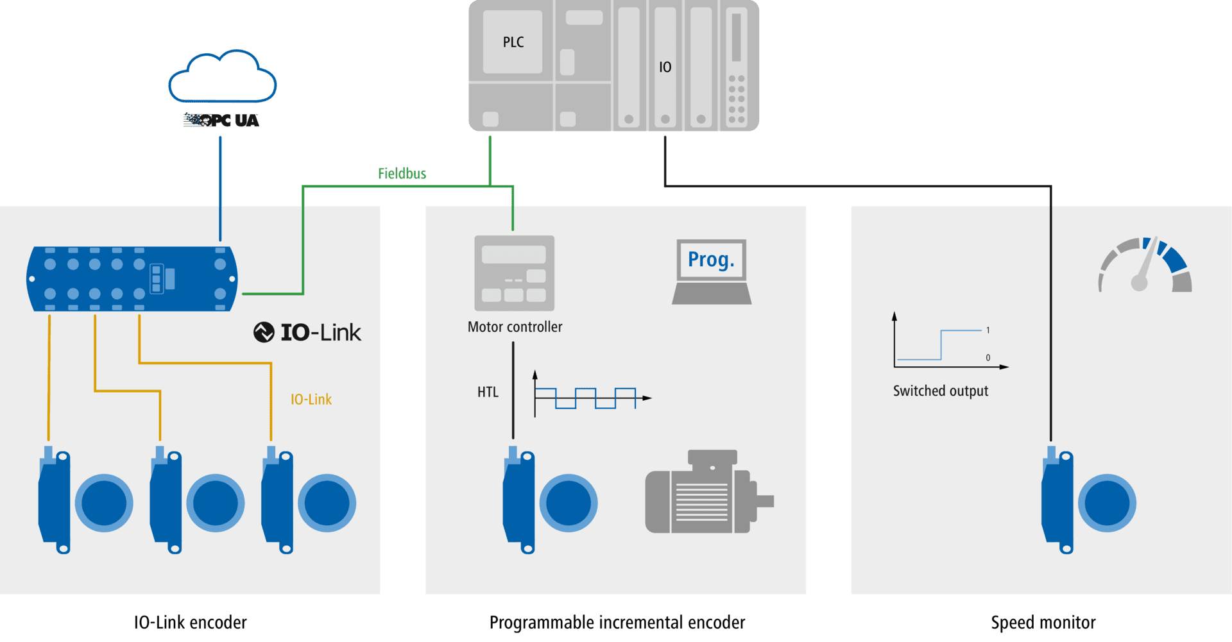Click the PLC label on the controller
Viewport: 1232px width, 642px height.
click(x=513, y=42)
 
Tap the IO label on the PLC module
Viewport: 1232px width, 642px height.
click(x=665, y=67)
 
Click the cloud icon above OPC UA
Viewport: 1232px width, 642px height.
click(x=222, y=77)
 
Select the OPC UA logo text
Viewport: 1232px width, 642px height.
click(x=221, y=120)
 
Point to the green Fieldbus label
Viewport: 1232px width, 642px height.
click(x=402, y=173)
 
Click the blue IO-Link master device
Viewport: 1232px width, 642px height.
click(x=132, y=279)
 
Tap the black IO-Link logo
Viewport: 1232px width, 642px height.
click(x=308, y=332)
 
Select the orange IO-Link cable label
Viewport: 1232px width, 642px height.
click(x=311, y=400)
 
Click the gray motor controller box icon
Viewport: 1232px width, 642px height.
click(x=514, y=273)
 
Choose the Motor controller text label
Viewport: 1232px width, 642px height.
click(x=515, y=327)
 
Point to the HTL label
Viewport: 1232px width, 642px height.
click(x=488, y=393)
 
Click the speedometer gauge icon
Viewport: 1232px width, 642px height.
click(x=1145, y=266)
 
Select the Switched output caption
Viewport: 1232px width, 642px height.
click(x=941, y=391)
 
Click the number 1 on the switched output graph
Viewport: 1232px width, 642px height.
click(x=988, y=330)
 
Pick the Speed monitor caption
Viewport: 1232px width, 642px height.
click(x=1043, y=623)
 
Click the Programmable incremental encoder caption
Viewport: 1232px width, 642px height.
click(x=617, y=623)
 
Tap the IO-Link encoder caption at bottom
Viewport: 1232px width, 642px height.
click(x=190, y=623)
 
